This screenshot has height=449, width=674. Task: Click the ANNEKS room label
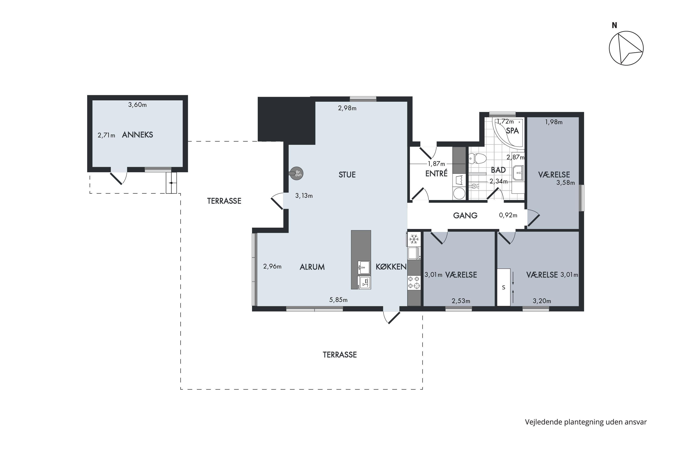click(137, 135)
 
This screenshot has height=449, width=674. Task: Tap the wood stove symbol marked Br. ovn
click(297, 173)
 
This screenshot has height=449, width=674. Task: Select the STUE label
click(347, 175)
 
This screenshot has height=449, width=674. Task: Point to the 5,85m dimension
click(338, 300)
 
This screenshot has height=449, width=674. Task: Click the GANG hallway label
click(465, 216)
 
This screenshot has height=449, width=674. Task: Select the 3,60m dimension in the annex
click(137, 105)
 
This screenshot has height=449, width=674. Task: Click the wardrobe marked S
click(503, 287)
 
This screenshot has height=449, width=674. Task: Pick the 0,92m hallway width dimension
click(508, 215)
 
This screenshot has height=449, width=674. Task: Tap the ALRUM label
click(312, 267)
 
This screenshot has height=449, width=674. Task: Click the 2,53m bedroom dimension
click(461, 301)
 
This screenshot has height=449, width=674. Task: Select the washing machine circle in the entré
click(459, 194)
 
